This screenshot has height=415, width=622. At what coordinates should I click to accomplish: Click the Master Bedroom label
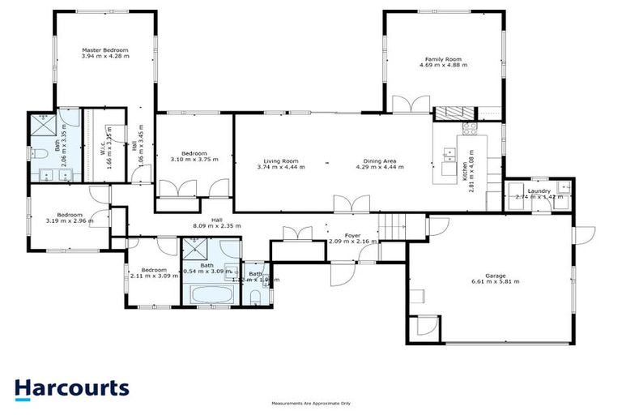coord(104,50)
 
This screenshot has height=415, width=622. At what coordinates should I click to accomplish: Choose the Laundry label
coord(538,191)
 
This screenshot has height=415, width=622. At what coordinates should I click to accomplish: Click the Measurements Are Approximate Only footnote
coord(310,403)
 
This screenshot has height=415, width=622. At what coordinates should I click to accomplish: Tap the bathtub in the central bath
coord(211,293)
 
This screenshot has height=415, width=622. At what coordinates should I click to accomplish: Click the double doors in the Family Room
coord(411,104)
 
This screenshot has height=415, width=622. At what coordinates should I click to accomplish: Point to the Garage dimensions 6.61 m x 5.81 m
coord(494,281)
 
